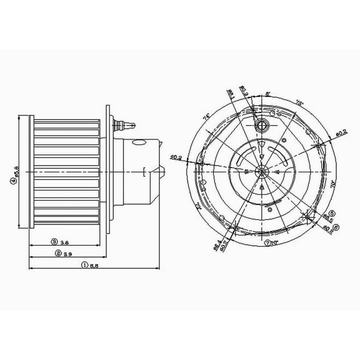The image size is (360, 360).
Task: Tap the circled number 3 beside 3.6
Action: [x=55, y=241]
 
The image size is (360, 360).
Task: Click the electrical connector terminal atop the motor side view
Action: [x=126, y=123]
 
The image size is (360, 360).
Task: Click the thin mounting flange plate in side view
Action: [x=111, y=169]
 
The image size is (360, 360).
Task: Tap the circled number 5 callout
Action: [x=332, y=213]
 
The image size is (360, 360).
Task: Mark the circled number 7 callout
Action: [x=267, y=242]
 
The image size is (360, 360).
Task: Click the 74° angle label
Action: [x=206, y=117]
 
